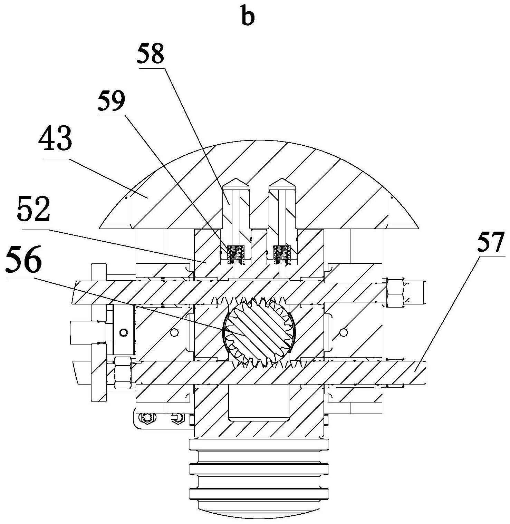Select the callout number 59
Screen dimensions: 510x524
point(111,101)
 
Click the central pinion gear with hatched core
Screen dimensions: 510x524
point(259,332)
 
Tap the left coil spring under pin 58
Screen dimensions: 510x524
point(235,255)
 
